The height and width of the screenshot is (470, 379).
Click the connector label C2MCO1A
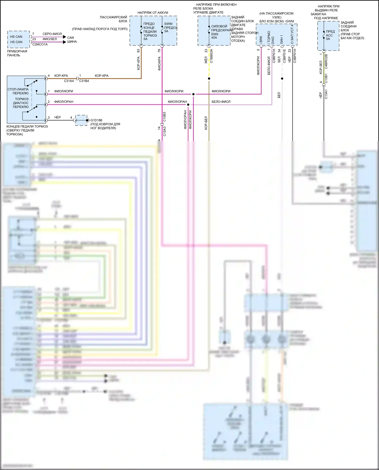tap(40, 44)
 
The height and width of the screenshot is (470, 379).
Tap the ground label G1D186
tap(96, 120)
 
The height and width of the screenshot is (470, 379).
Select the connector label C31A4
tap(69, 81)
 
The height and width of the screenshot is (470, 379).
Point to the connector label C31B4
tap(84, 81)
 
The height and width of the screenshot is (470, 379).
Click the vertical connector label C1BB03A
tap(211, 56)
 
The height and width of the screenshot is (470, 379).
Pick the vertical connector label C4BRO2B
tap(326, 61)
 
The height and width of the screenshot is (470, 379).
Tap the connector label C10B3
tap(164, 117)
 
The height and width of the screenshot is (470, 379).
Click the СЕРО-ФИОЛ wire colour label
tap(52, 34)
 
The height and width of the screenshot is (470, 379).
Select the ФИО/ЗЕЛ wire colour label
tap(50, 39)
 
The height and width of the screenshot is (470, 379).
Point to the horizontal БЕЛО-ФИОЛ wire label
tap(221, 102)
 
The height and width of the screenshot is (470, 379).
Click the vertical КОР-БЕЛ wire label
tap(206, 123)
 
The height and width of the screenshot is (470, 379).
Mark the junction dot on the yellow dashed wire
tap(209, 79)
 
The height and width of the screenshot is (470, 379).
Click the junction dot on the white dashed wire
tap(282, 79)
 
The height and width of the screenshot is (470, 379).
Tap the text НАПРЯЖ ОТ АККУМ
tap(153, 13)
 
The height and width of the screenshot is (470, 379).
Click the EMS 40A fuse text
tap(215, 36)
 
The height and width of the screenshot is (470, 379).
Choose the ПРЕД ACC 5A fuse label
tap(330, 35)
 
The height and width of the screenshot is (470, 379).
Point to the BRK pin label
tap(261, 39)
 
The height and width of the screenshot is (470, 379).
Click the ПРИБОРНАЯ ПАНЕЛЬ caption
tap(17, 53)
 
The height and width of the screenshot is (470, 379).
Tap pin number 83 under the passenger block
tap(138, 51)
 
